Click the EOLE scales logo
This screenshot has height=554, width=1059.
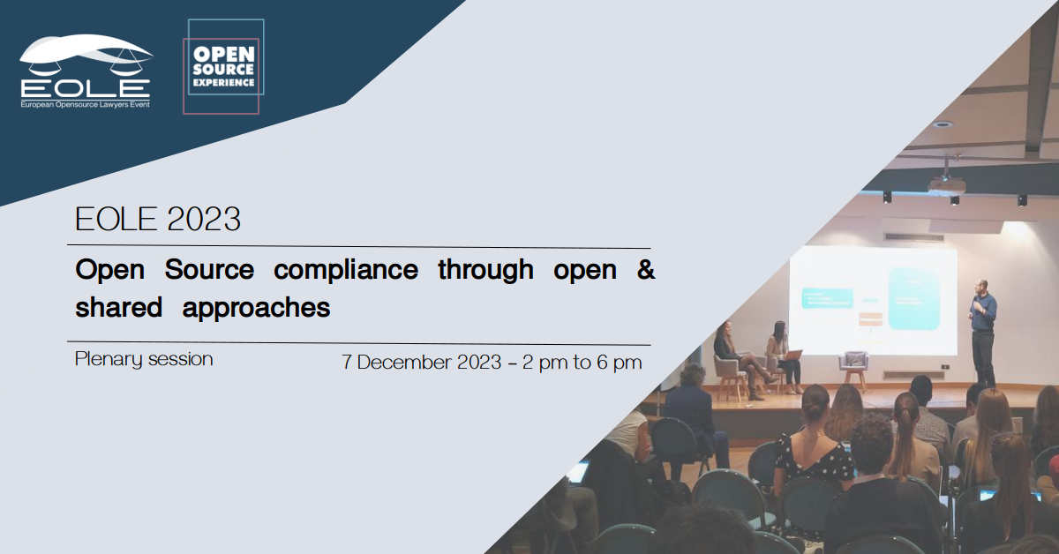(86, 71)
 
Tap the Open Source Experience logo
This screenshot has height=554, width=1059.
(223, 67)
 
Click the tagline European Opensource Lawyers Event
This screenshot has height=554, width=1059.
(85, 104)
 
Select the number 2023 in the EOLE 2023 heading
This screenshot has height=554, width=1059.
(204, 219)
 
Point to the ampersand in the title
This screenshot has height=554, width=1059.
(646, 269)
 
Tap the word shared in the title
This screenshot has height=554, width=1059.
(118, 307)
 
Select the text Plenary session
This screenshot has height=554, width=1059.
(144, 359)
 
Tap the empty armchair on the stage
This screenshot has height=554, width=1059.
(854, 369)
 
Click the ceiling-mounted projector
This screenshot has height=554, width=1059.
(944, 183)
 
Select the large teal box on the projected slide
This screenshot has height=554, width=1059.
(913, 298)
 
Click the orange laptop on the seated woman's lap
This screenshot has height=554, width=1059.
(792, 355)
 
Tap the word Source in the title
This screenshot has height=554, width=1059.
(209, 269)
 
